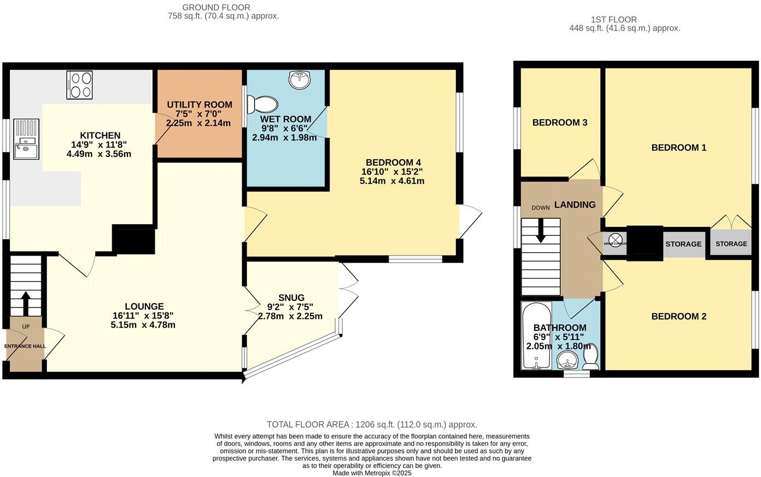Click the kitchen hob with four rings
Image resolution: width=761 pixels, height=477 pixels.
[79, 85]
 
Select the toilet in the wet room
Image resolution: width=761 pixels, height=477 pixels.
[263, 104]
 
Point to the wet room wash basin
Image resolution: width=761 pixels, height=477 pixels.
[299, 80]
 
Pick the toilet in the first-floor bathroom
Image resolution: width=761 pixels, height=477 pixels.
[590, 357]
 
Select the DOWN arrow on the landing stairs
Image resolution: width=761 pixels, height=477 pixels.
[541, 230]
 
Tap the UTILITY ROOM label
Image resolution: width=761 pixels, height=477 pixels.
[200, 104]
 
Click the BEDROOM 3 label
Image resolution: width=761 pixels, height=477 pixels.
[559, 123]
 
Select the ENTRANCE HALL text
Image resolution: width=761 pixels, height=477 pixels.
[25, 346]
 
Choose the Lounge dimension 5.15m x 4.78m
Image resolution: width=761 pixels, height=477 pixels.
[143, 325]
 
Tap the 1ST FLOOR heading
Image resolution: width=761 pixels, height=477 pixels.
[613, 20]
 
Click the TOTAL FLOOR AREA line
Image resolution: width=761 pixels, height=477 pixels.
[372, 424]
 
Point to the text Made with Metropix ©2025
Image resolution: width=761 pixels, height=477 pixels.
[372, 473]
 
